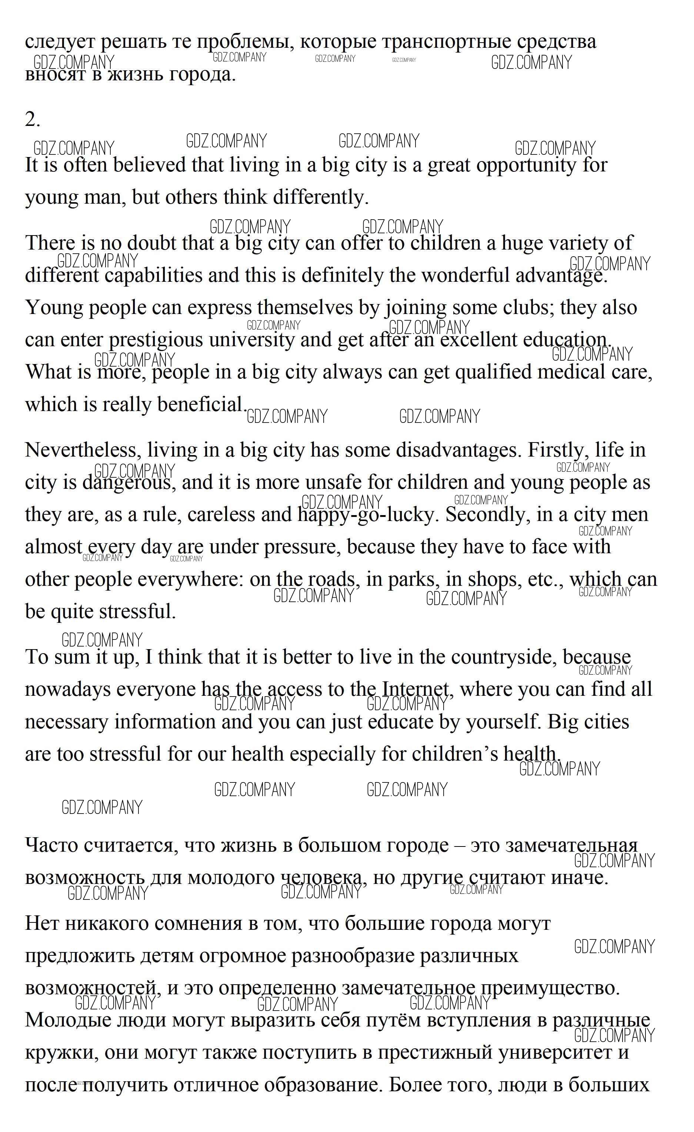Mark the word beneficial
coord(200,404)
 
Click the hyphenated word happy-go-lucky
coord(366,515)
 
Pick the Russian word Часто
coord(51,845)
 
